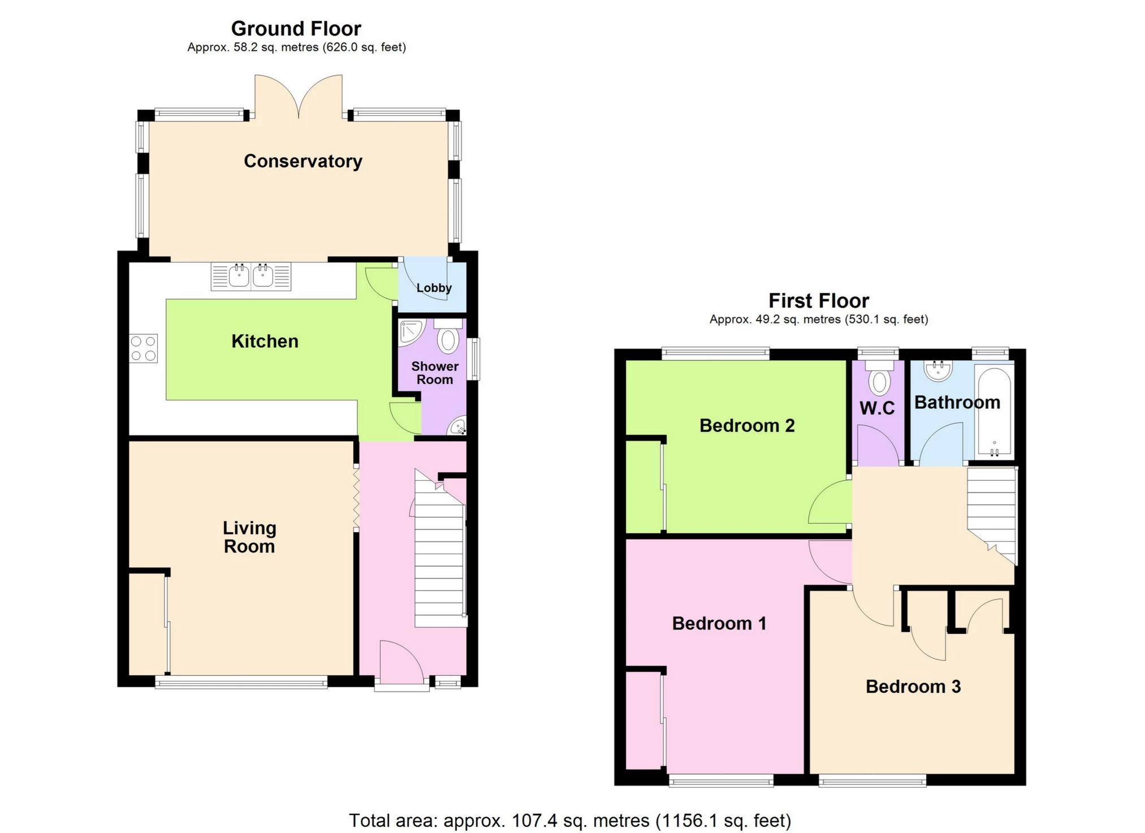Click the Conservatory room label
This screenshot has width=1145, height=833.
(303, 161)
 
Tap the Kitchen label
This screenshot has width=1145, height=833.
(265, 341)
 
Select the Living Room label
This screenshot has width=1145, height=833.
(249, 537)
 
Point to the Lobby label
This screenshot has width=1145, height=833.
(434, 288)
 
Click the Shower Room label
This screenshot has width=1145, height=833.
(435, 373)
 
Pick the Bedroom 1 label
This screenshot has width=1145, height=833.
(719, 623)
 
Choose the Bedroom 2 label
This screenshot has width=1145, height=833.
(747, 425)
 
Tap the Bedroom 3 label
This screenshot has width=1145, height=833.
(913, 687)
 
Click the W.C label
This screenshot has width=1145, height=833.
(877, 408)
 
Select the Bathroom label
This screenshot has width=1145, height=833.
(957, 402)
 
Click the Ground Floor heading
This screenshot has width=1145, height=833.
(296, 28)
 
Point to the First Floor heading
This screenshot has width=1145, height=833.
(819, 300)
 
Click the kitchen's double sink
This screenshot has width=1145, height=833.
(251, 277)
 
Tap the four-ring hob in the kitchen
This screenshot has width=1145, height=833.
(143, 348)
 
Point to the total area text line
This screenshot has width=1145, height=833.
(570, 820)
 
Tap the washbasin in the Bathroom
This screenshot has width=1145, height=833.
(938, 370)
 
